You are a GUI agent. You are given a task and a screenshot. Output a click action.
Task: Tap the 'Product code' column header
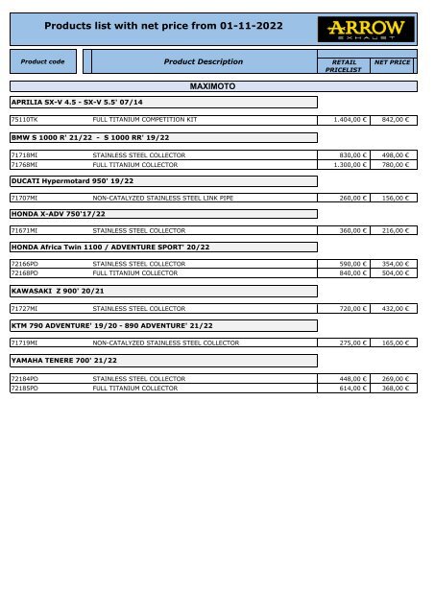tap(42, 62)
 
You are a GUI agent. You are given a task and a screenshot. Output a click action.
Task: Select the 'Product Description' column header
tap(203, 62)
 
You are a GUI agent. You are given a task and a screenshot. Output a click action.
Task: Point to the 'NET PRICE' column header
tap(392, 61)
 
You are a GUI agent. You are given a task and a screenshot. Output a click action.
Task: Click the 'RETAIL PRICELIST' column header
tap(343, 65)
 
